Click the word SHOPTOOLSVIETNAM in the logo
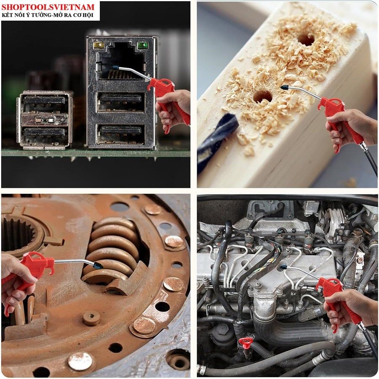point(48,7)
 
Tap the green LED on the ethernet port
point(142,45)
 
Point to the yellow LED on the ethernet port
point(99,45)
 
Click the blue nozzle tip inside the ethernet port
point(115,68)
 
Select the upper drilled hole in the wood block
point(306,40)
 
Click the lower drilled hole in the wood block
point(262,96)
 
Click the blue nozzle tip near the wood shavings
point(284,87)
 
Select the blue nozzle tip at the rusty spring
point(99,265)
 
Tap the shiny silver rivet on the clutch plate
point(80,361)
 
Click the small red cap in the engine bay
point(246,341)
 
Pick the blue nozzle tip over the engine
point(283,267)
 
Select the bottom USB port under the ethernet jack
point(121,133)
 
